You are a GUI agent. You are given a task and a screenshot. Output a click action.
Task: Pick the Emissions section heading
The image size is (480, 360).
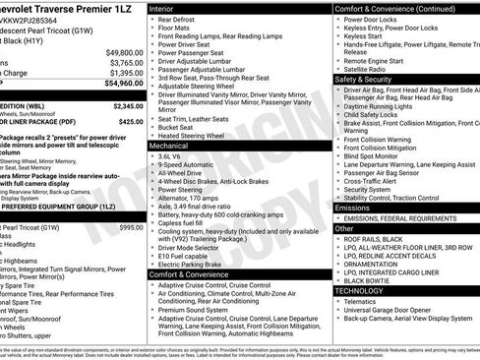coord(353,208)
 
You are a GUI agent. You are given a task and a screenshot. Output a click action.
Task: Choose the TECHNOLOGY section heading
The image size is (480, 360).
coord(361,290)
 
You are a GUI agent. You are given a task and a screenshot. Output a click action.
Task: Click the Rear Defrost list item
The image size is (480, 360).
coord(182,18)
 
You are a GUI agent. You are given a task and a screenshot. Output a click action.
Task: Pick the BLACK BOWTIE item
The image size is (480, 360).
coord(368,279)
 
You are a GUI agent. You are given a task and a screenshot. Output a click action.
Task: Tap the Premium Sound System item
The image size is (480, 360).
coord(201,310)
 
